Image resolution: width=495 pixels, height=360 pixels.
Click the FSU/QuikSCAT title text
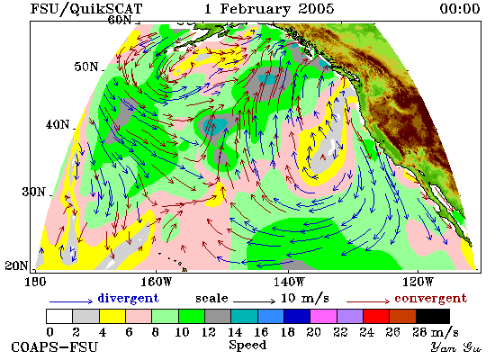[86, 9]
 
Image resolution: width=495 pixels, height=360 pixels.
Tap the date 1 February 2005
[269, 9]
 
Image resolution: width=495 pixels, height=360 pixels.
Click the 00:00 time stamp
[460, 9]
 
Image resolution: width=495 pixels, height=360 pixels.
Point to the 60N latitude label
[120, 20]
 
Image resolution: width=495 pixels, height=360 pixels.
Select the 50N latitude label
[86, 67]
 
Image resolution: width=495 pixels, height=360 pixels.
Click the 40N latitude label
[58, 124]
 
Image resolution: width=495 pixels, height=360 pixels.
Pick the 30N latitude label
[34, 192]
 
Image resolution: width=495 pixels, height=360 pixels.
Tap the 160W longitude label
[156, 282]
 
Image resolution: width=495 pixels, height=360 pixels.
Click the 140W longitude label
[289, 282]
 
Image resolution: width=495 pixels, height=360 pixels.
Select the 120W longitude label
[418, 282]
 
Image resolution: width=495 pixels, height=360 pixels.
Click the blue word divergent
[128, 298]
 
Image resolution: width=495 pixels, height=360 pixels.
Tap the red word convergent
[430, 298]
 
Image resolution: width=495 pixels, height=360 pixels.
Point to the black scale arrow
[255, 301]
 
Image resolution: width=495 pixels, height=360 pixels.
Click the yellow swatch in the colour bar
[112, 317]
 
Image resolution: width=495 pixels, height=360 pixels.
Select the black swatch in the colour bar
[433, 317]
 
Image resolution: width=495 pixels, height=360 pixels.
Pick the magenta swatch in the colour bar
[324, 317]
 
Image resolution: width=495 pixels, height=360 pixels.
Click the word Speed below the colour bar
[247, 345]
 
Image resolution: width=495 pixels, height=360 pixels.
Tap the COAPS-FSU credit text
[54, 347]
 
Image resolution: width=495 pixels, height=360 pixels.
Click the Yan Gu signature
[456, 347]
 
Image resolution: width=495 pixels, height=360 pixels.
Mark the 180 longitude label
[35, 282]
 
